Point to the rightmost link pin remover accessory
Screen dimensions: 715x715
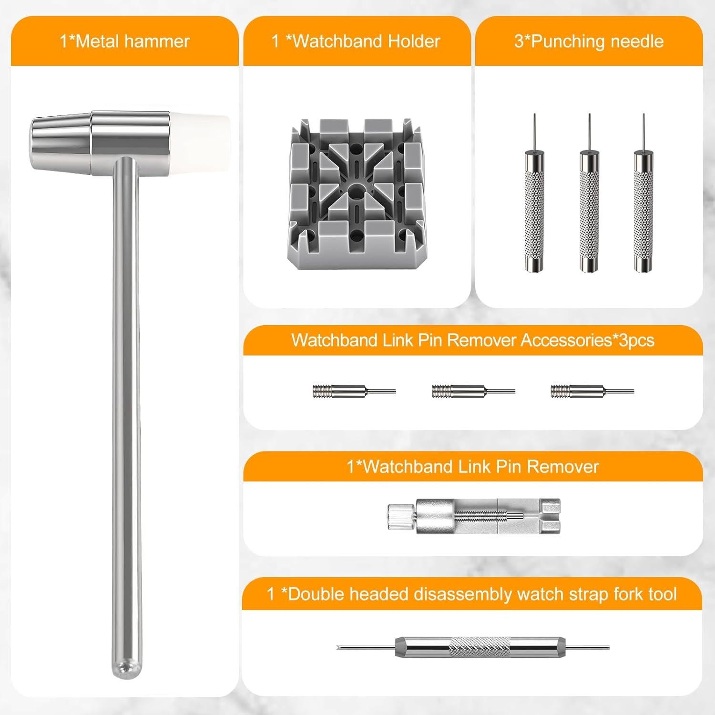click(592, 391)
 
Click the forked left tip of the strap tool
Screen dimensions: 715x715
click(342, 647)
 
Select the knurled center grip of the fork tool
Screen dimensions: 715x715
click(479, 647)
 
